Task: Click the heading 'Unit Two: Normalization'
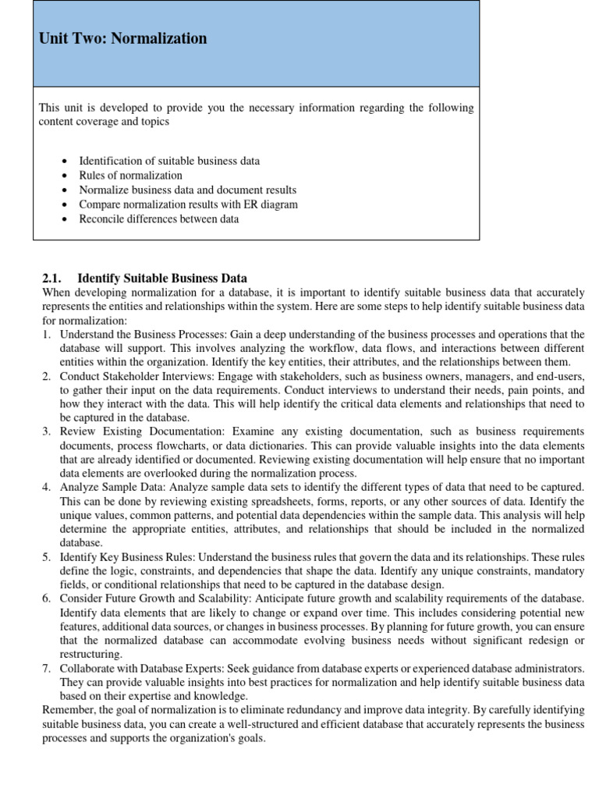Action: (x=122, y=38)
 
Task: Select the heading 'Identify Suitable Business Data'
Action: (x=162, y=278)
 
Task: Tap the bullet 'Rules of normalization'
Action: (x=130, y=176)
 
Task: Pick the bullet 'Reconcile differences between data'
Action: (x=158, y=219)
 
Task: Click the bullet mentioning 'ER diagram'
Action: (x=188, y=204)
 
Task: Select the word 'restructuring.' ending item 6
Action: (x=90, y=655)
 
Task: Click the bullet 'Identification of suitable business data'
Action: (x=169, y=161)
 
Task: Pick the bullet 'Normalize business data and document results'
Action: (x=187, y=190)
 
